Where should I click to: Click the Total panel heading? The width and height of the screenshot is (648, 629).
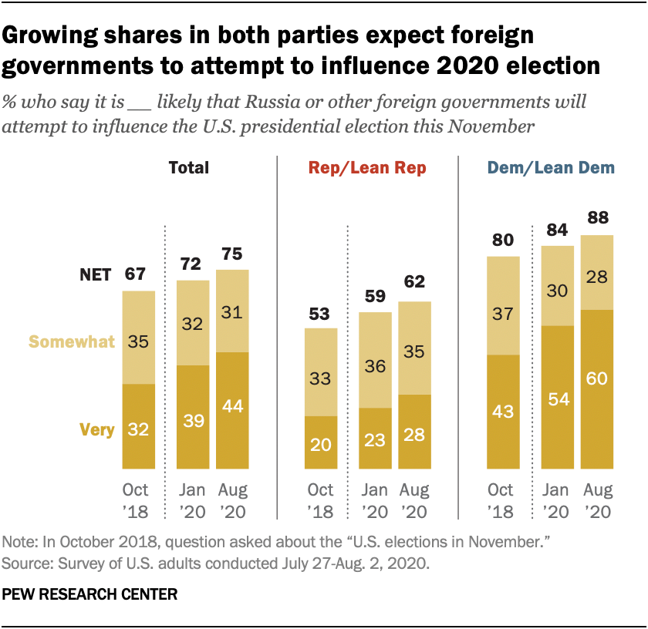(x=188, y=168)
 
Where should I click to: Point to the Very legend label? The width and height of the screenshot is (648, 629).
(x=96, y=430)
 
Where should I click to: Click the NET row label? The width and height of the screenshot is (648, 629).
(x=96, y=274)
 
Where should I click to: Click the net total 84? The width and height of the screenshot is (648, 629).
(x=556, y=230)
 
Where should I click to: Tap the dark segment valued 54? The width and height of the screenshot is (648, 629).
(x=556, y=397)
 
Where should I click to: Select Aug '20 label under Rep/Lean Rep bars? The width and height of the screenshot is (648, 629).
(x=415, y=500)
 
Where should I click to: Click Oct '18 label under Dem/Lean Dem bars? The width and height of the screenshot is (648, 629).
(x=502, y=500)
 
